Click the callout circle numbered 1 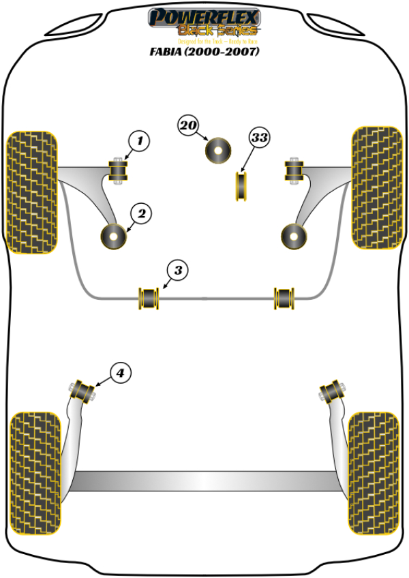(138, 142)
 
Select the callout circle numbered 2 (141, 214)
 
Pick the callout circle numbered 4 (120, 373)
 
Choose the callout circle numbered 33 (259, 138)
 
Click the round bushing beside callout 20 (218, 150)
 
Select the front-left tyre (31, 192)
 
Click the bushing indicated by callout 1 (119, 170)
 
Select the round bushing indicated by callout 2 (114, 236)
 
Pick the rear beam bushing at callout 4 (85, 391)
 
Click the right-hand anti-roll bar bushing (285, 298)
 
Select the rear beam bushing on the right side (330, 391)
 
